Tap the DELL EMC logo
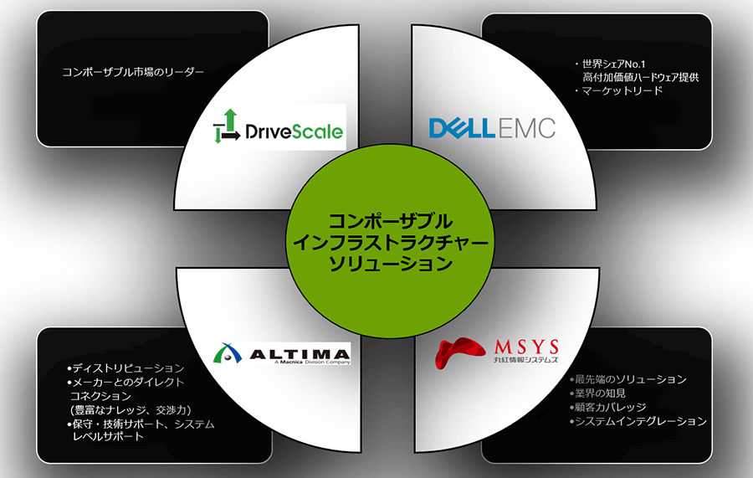pos(491,127)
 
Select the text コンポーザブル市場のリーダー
pos(133,72)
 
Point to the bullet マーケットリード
pos(619,90)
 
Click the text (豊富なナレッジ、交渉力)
pos(133,410)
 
